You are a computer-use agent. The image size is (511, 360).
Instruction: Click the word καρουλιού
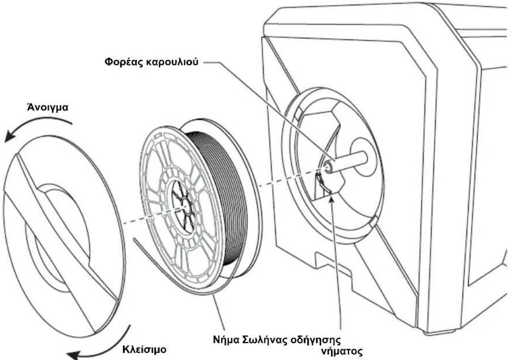pyautogui.click(x=172, y=62)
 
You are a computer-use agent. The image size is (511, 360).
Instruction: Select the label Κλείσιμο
pyautogui.click(x=144, y=350)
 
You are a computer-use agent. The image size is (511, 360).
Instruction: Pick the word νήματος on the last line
pyautogui.click(x=342, y=352)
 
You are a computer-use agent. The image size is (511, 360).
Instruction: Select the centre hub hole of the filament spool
pyautogui.click(x=184, y=207)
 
